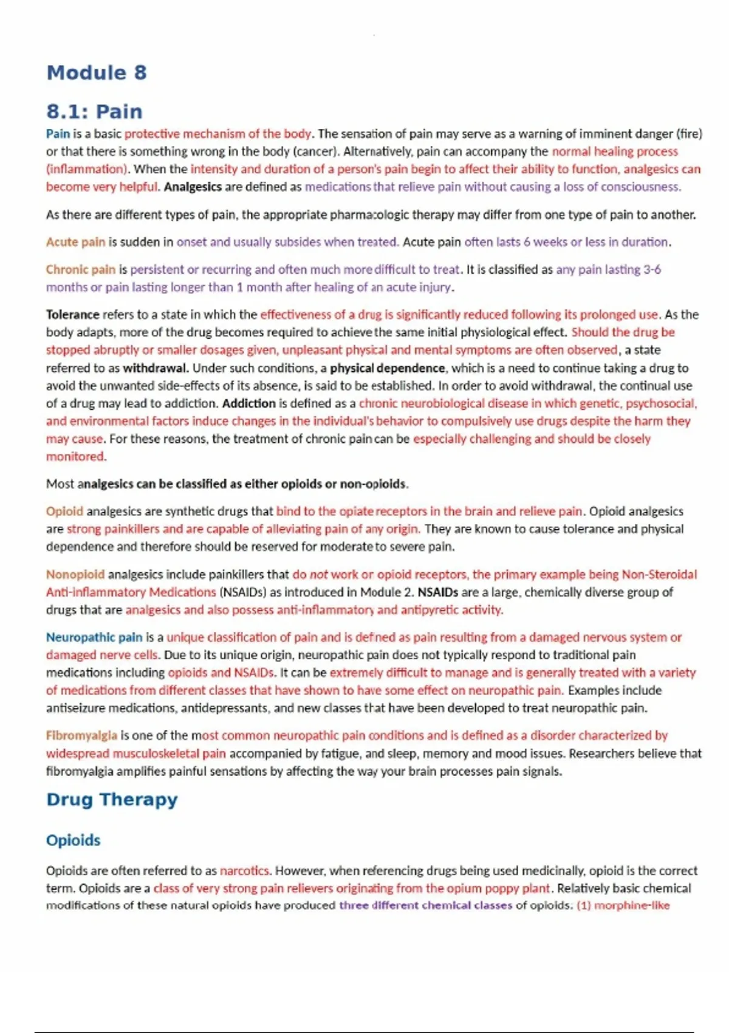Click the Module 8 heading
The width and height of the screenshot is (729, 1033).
97,73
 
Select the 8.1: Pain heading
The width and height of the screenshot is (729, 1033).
94,112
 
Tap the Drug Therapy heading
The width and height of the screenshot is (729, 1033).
112,800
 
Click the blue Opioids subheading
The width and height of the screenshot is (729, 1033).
74,840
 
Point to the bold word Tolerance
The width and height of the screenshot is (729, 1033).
72,315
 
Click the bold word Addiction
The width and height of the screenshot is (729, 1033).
248,403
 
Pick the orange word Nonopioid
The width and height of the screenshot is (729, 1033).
75,574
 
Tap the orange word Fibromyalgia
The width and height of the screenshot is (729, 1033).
81,736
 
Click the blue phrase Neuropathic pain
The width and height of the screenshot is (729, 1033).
94,637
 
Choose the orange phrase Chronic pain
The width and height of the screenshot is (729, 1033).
80,269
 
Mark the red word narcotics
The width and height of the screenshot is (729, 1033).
244,871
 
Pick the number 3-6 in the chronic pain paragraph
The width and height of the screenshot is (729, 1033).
652,269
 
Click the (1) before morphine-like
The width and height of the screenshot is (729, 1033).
583,905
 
